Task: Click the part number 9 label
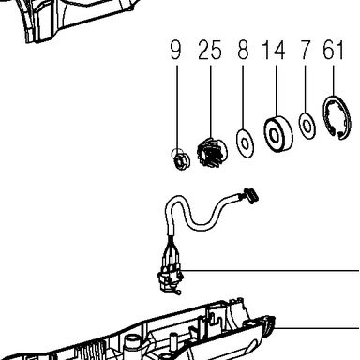(x=175, y=50)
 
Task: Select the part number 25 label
(x=210, y=50)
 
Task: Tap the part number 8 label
(x=243, y=50)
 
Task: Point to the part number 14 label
(x=274, y=50)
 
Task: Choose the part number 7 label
(x=305, y=50)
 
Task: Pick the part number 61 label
(x=333, y=50)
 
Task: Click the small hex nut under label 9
(x=179, y=160)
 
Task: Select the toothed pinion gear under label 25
(x=213, y=151)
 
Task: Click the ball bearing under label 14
(x=278, y=134)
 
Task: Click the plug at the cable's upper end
(x=251, y=196)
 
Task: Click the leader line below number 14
(x=277, y=91)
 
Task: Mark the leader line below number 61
(x=334, y=81)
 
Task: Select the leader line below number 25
(x=210, y=101)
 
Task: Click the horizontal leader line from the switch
(x=271, y=270)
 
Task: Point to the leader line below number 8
(x=243, y=97)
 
